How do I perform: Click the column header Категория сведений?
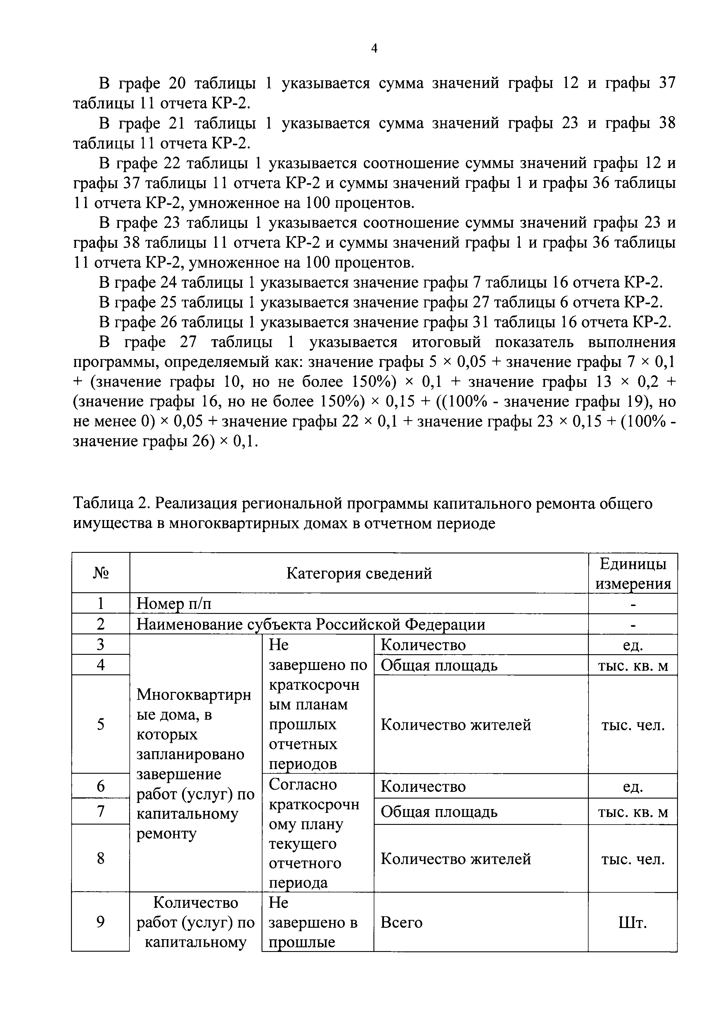coord(359,573)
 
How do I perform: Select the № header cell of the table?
coord(101,573)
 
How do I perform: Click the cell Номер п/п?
coord(174,604)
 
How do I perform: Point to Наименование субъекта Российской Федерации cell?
coord(311,624)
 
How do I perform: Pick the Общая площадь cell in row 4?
coord(439,665)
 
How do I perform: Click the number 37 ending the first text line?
coord(667,83)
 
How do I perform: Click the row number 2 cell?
coord(101,624)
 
